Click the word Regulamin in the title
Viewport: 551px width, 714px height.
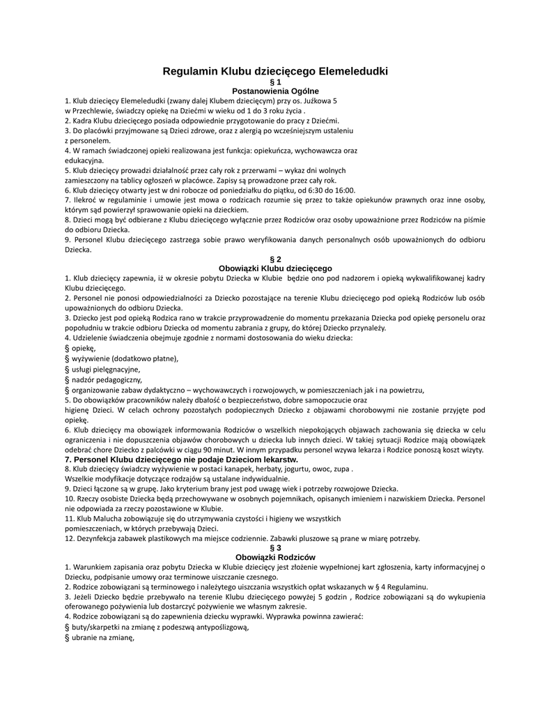click(x=190, y=71)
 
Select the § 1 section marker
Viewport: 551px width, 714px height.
click(x=275, y=82)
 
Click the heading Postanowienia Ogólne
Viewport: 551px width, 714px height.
click(x=275, y=91)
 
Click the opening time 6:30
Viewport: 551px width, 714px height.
click(x=307, y=190)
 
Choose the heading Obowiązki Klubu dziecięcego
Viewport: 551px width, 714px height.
click(x=275, y=268)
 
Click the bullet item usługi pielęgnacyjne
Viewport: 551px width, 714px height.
click(x=106, y=370)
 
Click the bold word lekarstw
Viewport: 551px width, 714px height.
click(x=280, y=460)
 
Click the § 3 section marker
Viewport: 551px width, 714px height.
click(x=275, y=548)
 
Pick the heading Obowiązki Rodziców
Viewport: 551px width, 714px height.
click(x=276, y=557)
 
